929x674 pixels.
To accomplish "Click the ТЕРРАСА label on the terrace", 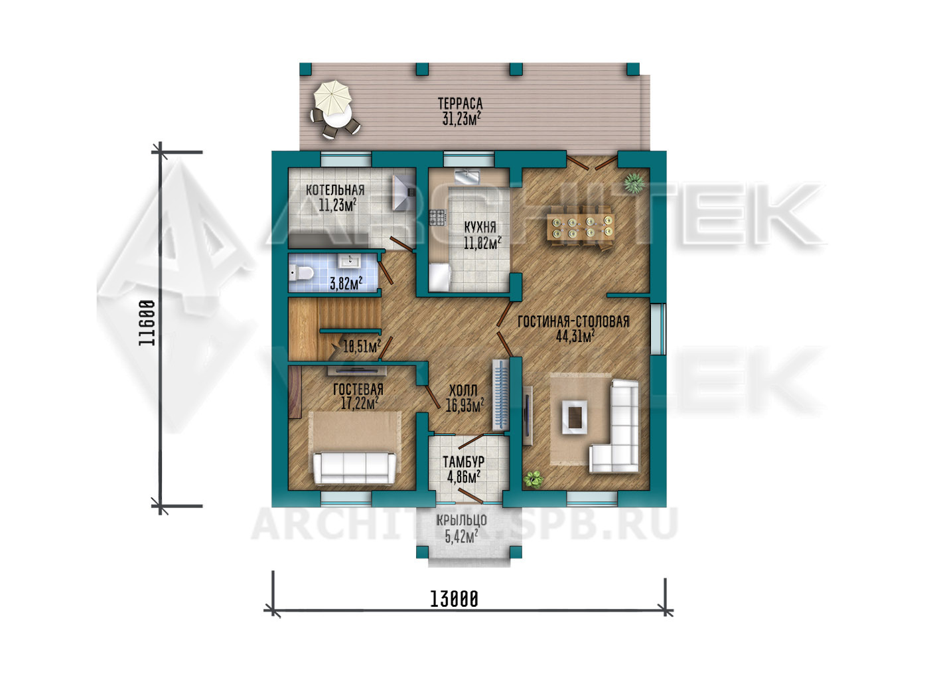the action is tap(461, 104).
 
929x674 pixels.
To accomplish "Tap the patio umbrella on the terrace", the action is tap(332, 98).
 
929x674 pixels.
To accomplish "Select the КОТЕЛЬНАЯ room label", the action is tap(335, 191).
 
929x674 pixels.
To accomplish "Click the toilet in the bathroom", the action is tap(301, 273).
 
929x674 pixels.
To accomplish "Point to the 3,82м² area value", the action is tap(346, 284).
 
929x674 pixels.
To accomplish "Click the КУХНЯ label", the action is tap(480, 227).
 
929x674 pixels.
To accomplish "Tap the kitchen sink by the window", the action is tap(467, 177).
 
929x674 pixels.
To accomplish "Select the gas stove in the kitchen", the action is tap(437, 217).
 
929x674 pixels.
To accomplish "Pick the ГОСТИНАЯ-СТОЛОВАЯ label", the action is tap(573, 321).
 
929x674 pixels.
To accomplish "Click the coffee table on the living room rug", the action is tap(575, 417).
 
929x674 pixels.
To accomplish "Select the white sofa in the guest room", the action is tap(354, 468).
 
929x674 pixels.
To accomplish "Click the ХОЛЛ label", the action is tap(463, 390).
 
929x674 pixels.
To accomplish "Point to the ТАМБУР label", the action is tap(463, 462).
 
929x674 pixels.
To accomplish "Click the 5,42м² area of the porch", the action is tap(461, 537).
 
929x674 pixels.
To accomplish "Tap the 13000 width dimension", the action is tap(454, 600).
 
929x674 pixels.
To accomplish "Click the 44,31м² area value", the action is tap(575, 336).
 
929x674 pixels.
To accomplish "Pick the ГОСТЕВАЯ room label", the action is tap(358, 389).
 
